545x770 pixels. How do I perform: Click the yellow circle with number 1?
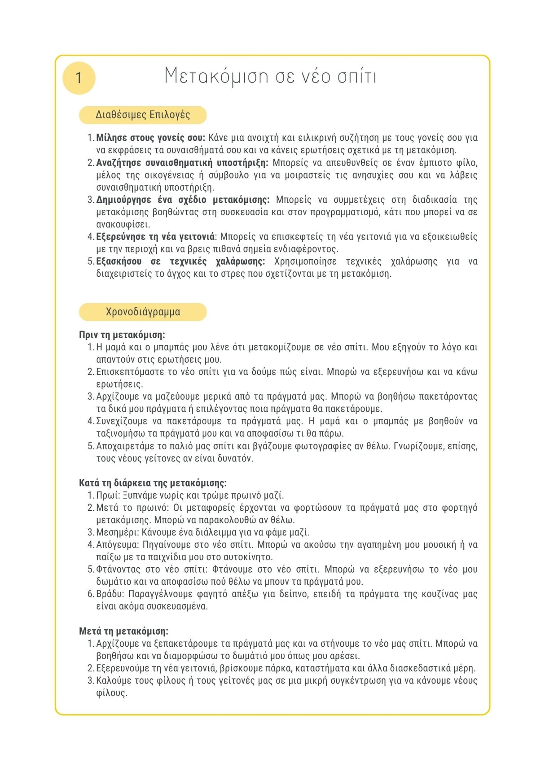[79, 78]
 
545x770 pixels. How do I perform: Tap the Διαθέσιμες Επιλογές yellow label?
[143, 115]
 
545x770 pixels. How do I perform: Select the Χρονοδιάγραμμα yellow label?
[143, 312]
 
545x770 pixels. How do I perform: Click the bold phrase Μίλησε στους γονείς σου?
[150, 138]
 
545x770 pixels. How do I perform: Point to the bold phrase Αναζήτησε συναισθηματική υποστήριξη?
[182, 162]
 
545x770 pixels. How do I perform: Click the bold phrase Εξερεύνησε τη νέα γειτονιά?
[155, 236]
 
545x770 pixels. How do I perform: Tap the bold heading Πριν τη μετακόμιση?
[122, 335]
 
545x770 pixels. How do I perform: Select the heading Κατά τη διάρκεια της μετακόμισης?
[153, 483]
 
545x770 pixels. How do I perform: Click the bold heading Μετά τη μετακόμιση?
[123, 631]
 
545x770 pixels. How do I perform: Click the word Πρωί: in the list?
[108, 496]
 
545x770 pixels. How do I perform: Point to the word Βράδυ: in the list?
[110, 594]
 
